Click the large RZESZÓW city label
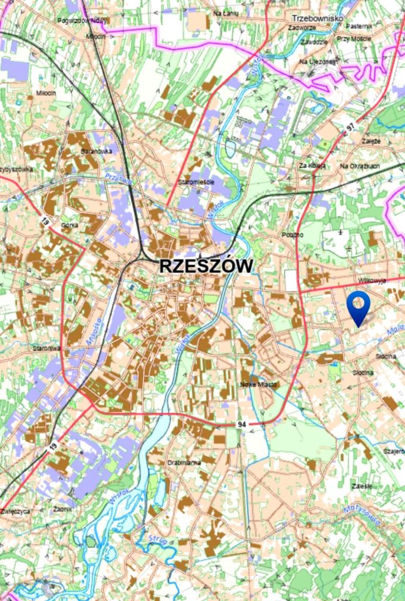coord(206,265)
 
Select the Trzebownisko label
coord(317,18)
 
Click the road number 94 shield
coord(242,424)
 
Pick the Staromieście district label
coord(196,182)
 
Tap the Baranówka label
coord(96,152)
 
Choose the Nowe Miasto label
coord(259,384)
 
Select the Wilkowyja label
coord(372,281)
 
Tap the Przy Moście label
coord(354,39)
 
